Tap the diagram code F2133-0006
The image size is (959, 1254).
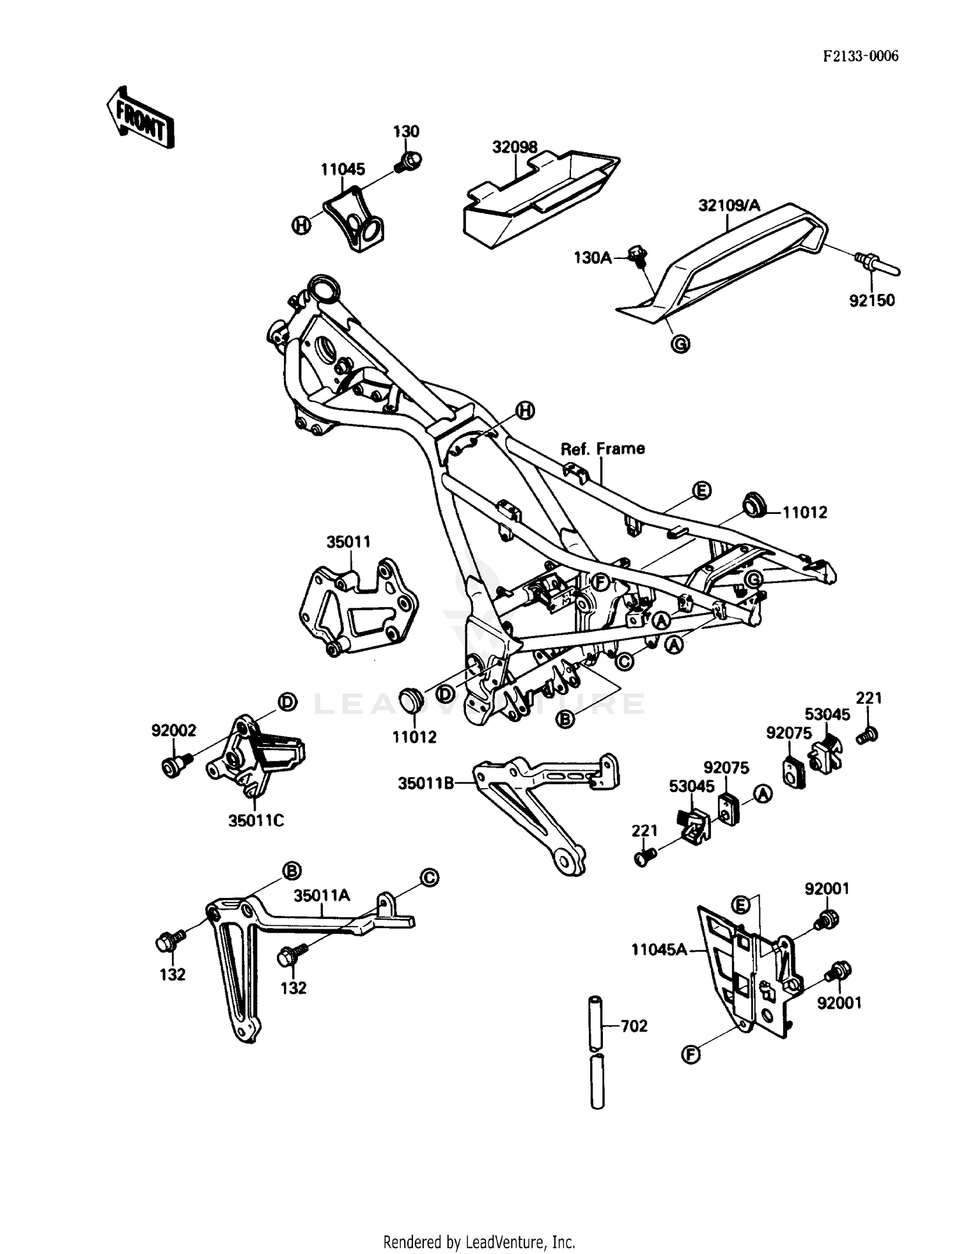point(860,56)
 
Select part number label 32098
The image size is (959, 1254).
point(515,147)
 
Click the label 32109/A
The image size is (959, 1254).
point(729,205)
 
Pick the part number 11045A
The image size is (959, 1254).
point(659,950)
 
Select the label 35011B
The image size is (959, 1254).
point(425,784)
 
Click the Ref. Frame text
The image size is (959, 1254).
point(602,449)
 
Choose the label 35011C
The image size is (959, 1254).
point(256,821)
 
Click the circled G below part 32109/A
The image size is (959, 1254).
point(681,344)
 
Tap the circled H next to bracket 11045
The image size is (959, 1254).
point(300,224)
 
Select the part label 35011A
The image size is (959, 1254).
point(322,895)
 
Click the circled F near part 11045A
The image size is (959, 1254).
point(690,1054)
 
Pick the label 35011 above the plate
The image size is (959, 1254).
point(348,542)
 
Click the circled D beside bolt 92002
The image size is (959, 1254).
point(287,702)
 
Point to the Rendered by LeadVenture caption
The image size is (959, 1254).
point(479,1242)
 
